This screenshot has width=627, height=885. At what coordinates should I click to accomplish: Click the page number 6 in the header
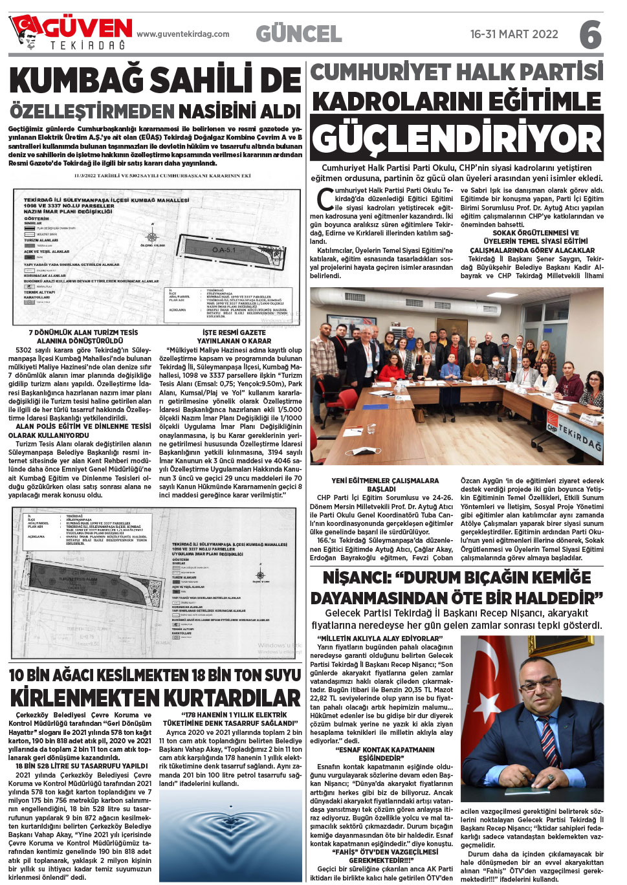point(590,34)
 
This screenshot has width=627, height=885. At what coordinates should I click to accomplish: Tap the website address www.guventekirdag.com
point(183,34)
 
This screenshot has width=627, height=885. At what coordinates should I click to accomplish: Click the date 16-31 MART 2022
point(514,34)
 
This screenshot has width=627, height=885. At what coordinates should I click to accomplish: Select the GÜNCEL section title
point(298,34)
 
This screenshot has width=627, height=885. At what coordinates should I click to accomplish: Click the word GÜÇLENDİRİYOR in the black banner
point(457,138)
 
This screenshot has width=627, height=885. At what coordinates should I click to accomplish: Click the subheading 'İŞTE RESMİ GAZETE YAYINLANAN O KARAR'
point(234,336)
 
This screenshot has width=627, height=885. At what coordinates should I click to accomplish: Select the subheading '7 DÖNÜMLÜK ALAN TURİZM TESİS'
point(83,333)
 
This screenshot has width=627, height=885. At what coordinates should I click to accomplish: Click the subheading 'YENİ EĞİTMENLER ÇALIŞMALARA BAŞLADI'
point(384,485)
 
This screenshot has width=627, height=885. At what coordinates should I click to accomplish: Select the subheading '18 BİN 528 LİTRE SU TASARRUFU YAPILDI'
point(82,766)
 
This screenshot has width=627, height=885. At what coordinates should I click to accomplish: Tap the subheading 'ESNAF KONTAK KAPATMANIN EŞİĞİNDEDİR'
point(385,754)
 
